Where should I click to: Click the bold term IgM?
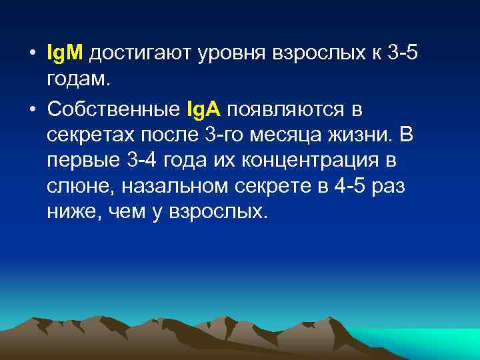pos(65,53)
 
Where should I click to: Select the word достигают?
pos(137,53)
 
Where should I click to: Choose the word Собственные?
pos(118,108)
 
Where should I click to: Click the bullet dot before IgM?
pos(33,53)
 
